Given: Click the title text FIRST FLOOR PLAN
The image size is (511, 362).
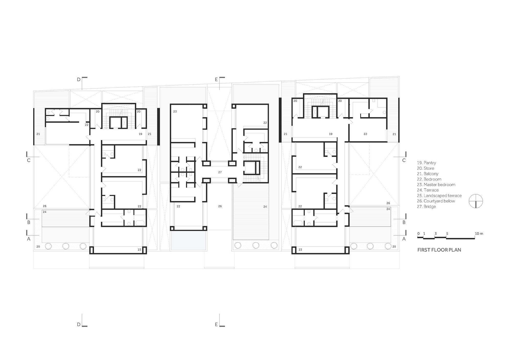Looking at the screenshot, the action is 439,250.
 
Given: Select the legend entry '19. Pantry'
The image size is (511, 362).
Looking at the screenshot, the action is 426,163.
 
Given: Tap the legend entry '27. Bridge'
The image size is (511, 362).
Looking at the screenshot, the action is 426,206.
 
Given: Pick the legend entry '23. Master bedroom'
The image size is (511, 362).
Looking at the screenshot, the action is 436,185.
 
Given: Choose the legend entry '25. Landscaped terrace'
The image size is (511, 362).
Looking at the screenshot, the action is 439,196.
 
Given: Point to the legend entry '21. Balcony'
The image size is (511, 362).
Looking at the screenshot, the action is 428,174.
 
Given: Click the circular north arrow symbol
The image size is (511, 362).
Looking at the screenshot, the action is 476,201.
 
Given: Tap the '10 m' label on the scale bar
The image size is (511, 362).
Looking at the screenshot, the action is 479,234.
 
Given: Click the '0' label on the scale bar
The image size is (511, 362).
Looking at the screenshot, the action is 419,234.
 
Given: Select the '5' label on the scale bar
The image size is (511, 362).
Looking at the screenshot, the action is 447,234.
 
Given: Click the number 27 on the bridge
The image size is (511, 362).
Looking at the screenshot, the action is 220,172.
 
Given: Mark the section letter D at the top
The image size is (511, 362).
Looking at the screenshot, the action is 79,80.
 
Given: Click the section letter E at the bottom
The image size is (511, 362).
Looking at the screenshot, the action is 216,324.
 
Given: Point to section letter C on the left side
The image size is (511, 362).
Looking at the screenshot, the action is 29,160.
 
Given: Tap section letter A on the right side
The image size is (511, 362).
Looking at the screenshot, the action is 404,239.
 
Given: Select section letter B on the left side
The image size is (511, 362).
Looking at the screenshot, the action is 29,223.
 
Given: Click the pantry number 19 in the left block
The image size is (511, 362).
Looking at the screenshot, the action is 140,134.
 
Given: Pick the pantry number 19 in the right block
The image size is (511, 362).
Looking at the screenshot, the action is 331,134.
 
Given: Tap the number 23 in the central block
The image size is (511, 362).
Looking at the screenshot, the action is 175,112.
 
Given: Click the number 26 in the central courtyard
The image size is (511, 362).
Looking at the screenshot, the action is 220,206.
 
